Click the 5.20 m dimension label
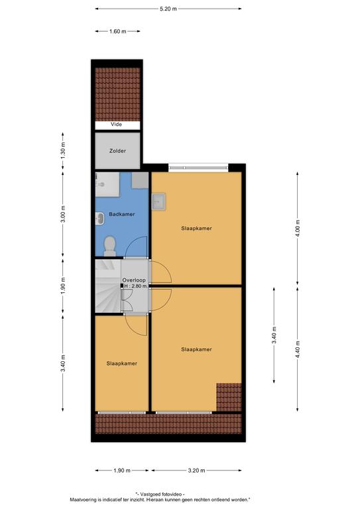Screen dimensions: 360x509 tap(168, 9)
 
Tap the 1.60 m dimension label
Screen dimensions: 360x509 tap(117, 32)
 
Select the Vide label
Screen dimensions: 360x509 tap(116, 125)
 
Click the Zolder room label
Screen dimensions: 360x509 tap(117, 151)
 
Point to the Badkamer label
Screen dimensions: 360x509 tap(122, 214)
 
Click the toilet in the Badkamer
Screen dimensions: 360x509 tap(109, 246)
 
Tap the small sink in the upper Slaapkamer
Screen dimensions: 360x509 tap(158, 202)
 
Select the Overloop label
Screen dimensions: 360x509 tap(134, 280)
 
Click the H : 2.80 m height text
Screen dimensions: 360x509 tap(136, 286)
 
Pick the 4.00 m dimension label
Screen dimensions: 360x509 tap(298, 229)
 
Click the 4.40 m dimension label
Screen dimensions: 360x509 tap(298, 349)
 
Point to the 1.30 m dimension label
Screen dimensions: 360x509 tap(63, 150)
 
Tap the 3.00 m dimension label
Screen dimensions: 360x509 tap(63, 214)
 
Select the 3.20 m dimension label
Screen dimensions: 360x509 tap(196, 471)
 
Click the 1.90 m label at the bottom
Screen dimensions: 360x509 tap(122, 471)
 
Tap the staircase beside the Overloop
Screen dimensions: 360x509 tap(108, 286)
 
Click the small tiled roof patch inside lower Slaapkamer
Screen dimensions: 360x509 tap(229, 398)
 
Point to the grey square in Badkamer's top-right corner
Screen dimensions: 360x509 tap(140, 180)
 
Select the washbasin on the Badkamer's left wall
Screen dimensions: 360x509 tap(99, 219)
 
